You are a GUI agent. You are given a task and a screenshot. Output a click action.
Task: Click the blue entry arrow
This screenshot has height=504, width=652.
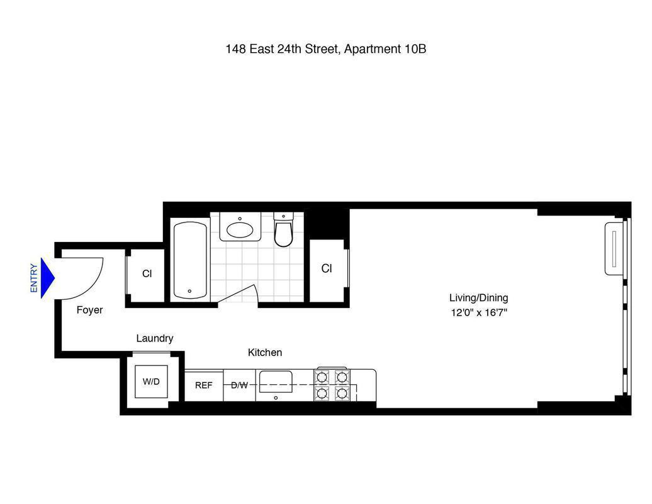47,278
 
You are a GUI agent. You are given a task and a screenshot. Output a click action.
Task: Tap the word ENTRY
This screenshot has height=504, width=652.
34,278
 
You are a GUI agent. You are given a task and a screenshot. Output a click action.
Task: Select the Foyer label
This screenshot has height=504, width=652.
89,310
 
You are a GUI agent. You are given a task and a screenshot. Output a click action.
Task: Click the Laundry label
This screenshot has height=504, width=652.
154,338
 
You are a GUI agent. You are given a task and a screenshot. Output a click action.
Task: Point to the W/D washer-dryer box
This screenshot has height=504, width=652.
151,382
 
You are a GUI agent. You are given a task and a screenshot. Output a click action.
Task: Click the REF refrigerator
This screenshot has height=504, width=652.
203,385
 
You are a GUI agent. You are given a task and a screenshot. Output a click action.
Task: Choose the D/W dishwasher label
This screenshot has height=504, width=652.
239,385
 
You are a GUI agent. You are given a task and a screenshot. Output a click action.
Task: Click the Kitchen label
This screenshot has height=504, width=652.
264,353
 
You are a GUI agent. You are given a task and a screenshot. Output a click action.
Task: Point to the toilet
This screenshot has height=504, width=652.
284,231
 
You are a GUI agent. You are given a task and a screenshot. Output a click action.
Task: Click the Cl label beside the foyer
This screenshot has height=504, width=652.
147,274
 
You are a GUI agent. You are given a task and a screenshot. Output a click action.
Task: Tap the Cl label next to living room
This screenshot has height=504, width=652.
327,268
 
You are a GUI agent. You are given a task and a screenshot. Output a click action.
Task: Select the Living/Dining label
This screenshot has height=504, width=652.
478,298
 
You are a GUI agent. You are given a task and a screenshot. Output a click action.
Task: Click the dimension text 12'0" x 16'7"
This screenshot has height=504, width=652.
478,312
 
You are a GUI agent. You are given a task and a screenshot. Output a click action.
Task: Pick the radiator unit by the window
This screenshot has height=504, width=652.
614,248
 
